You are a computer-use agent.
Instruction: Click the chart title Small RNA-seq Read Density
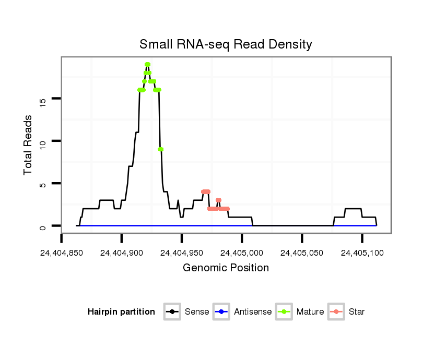pyautogui.click(x=226, y=44)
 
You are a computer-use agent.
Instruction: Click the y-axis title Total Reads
pyautogui.click(x=28, y=145)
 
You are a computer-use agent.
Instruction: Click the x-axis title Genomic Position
pyautogui.click(x=226, y=268)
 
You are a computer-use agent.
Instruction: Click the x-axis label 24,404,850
pyautogui.click(x=62, y=253)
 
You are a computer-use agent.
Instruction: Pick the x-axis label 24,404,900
pyautogui.click(x=122, y=253)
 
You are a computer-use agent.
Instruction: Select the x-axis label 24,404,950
pyautogui.click(x=182, y=253)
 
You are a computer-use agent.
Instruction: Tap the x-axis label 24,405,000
pyautogui.click(x=242, y=253)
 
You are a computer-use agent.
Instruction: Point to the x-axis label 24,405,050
pyautogui.click(x=302, y=253)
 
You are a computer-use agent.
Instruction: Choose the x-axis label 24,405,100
pyautogui.click(x=362, y=253)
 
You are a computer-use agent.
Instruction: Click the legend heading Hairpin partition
pyautogui.click(x=121, y=312)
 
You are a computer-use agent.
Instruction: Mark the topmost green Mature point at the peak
pyautogui.click(x=147, y=65)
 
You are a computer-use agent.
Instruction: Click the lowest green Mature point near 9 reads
pyautogui.click(x=161, y=149)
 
